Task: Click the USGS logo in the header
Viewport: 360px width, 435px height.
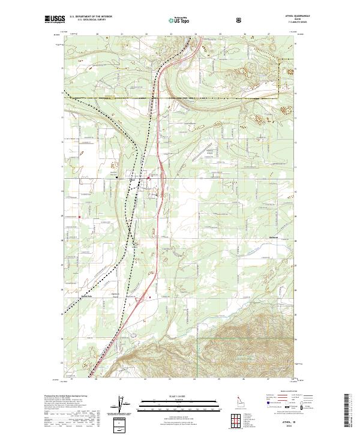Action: [55, 20]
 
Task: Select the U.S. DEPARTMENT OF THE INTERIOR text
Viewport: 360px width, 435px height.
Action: [91, 17]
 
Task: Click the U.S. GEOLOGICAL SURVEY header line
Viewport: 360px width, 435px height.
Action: [88, 20]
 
